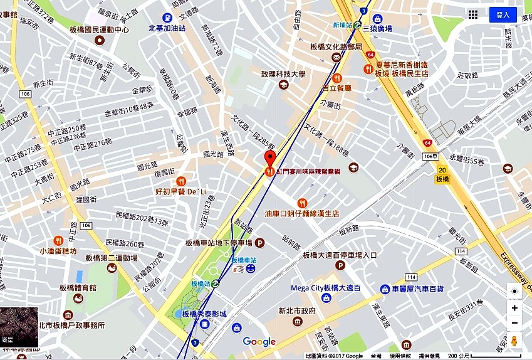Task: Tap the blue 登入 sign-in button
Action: [x=503, y=14]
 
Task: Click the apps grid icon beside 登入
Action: [x=473, y=14]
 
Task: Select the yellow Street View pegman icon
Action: [x=514, y=341]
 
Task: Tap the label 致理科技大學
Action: [x=283, y=75]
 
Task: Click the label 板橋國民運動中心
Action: [x=100, y=29]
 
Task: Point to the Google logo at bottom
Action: [x=259, y=342]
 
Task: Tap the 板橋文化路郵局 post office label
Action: [x=336, y=47]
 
